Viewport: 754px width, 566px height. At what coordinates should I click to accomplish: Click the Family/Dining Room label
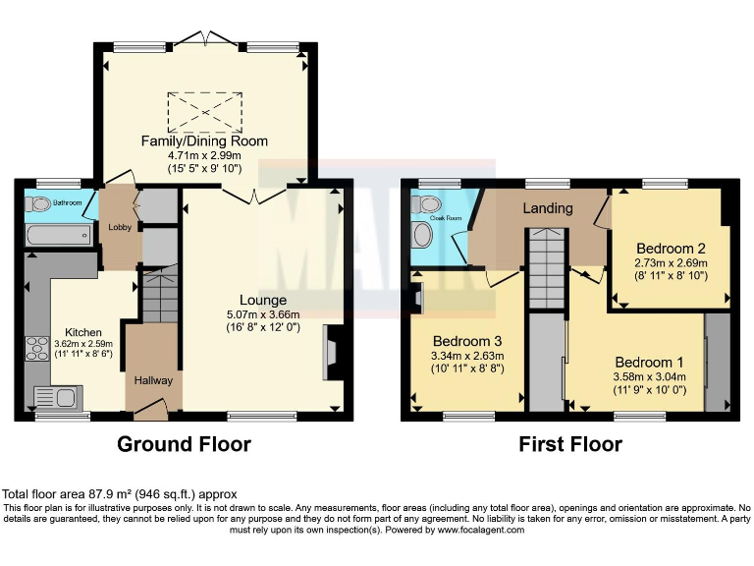pos(204,141)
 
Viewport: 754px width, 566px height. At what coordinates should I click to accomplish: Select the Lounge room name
pos(262,300)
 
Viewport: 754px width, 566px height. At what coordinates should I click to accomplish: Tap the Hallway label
pos(153,380)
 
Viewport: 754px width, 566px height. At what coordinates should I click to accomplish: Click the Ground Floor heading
pos(184,444)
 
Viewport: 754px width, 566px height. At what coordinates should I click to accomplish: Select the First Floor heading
pos(570,444)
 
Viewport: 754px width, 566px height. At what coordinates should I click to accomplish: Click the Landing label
pos(547,208)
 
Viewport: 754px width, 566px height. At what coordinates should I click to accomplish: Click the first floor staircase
pos(544,269)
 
